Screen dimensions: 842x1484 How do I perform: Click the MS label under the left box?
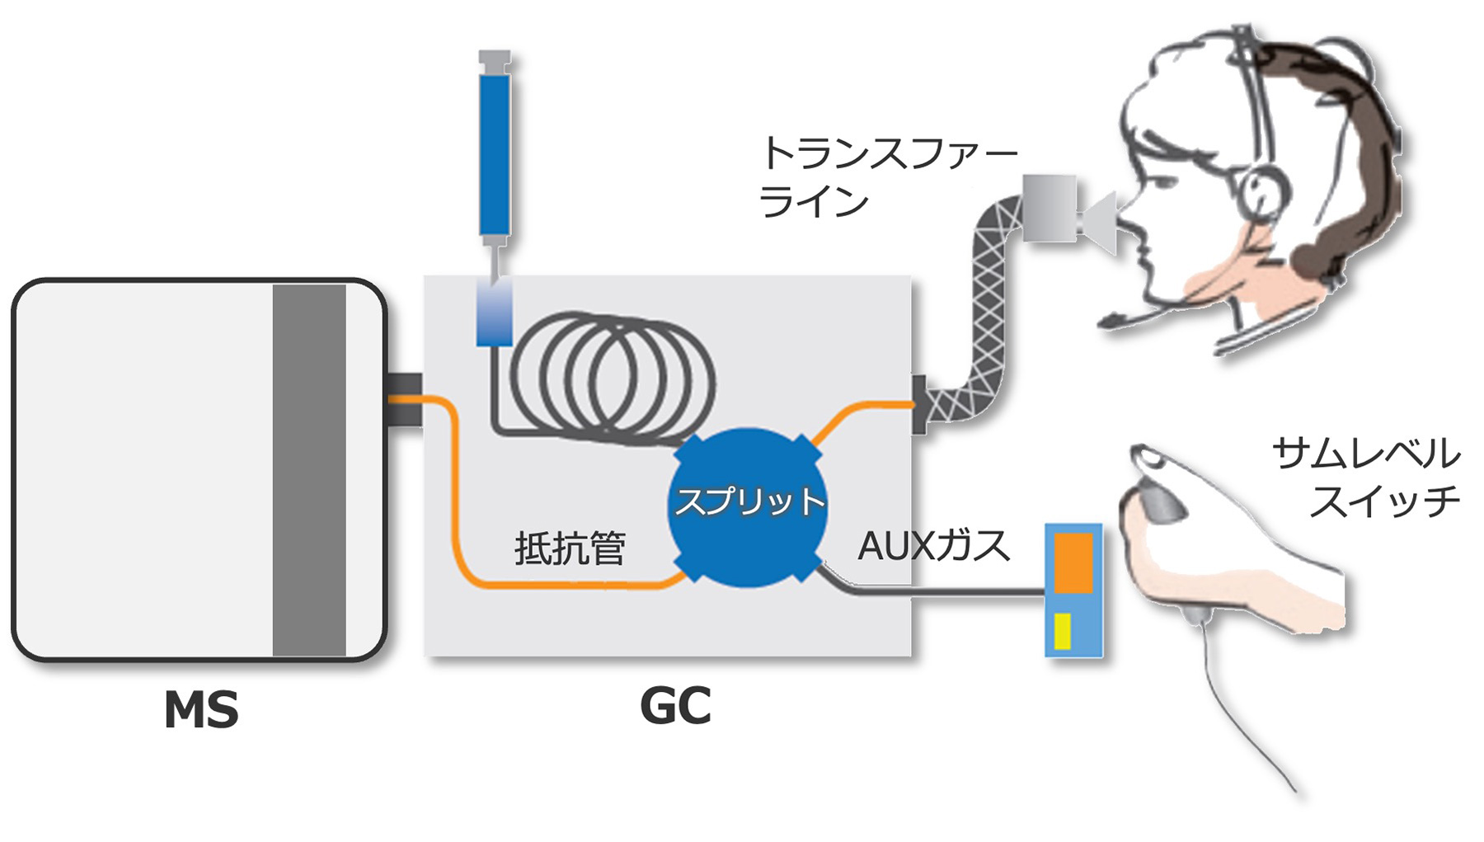point(201,709)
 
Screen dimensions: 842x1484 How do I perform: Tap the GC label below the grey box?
point(675,706)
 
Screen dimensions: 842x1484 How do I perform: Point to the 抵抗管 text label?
point(570,548)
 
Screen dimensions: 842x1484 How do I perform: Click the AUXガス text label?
point(933,545)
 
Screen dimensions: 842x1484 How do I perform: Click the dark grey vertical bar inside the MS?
point(309,470)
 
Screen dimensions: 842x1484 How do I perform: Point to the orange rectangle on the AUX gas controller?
point(1073,562)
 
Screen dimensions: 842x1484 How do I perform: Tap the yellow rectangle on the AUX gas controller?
point(1063,631)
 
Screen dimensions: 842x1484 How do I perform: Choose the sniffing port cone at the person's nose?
point(1100,221)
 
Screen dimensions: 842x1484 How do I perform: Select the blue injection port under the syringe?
point(495,312)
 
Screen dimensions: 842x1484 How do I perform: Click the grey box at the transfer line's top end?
point(1049,208)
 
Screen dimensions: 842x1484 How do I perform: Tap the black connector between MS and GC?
point(404,399)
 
